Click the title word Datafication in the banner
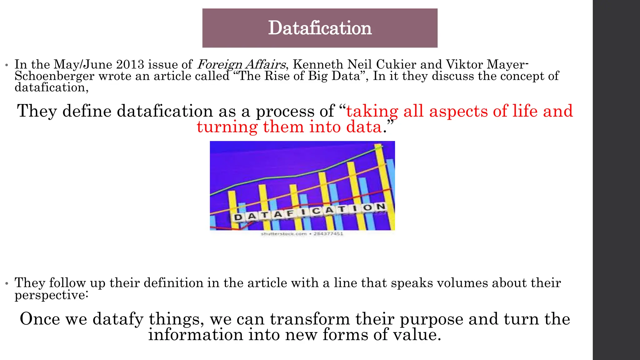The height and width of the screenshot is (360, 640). tap(320, 28)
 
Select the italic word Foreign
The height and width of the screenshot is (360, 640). tap(220, 65)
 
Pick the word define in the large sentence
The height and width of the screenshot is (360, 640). tap(87, 111)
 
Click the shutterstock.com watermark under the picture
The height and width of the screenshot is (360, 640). tap(284, 234)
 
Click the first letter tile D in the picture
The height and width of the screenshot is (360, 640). tap(238, 217)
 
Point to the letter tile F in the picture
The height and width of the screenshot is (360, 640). tap(290, 213)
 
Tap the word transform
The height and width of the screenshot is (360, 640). tap(310, 319)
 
